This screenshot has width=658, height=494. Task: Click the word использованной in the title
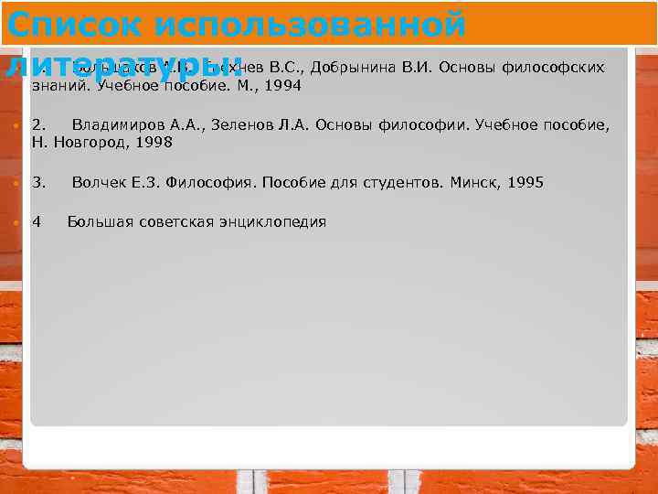tap(311, 23)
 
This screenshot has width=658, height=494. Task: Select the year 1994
tap(282, 86)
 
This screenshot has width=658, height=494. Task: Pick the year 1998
tap(154, 143)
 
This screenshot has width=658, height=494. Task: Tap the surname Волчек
tap(98, 183)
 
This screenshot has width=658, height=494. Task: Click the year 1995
tap(525, 183)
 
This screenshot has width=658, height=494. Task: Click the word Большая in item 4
tap(100, 222)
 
